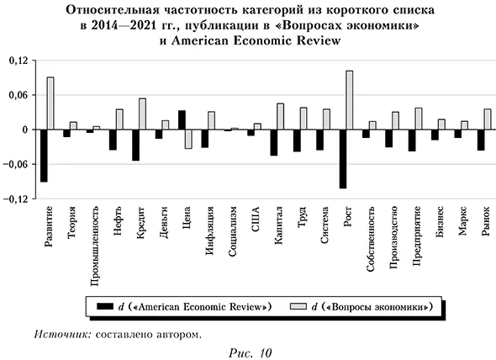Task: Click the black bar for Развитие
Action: click(44, 156)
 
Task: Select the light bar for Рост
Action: click(349, 100)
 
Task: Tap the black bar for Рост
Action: click(342, 159)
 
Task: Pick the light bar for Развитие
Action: click(50, 103)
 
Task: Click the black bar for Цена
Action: click(182, 120)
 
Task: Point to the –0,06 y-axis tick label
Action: click(17, 164)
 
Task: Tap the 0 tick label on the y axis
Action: click(25, 130)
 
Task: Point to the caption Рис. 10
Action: click(249, 349)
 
